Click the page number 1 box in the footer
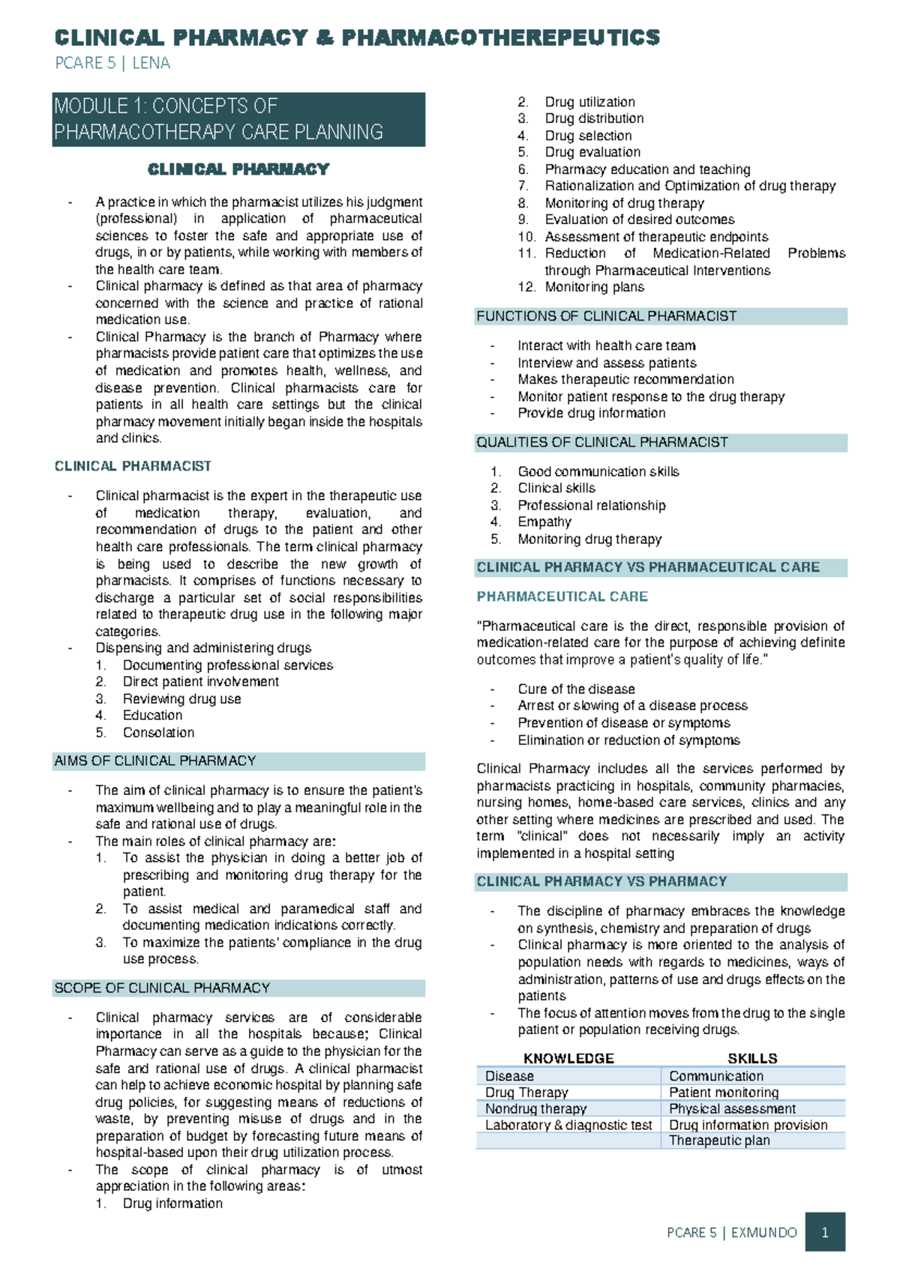825,1232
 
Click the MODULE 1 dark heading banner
238,119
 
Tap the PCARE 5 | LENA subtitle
112,63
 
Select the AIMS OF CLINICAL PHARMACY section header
155,761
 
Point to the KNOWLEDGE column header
568,1058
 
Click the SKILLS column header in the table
752,1058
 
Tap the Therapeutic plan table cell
719,1141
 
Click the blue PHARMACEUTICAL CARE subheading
562,597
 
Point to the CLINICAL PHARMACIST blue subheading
133,466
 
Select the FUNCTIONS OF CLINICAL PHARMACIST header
606,316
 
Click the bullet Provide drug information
591,413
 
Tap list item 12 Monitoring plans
594,287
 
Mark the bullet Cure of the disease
576,689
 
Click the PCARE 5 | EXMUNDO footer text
731,1232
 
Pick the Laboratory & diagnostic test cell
568,1125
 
